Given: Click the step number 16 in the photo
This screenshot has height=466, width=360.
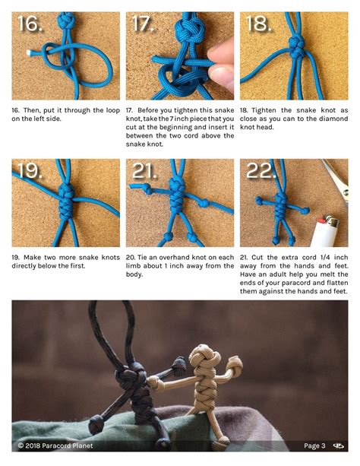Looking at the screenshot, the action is tap(30, 23).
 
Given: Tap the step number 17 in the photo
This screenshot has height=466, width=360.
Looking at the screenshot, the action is tap(143, 23).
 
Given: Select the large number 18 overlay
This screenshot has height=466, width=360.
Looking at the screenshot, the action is tap(258, 23).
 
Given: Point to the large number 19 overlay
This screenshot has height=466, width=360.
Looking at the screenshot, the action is tap(30, 170).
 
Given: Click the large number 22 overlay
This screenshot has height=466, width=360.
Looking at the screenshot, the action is tap(259, 170).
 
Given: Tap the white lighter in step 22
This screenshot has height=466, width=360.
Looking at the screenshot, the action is tap(324, 232).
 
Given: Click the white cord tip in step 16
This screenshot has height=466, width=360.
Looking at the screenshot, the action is tap(29, 53).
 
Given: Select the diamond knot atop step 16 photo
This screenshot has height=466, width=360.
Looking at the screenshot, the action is tap(66, 21).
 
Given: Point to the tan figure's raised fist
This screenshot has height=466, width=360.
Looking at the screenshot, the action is tap(235, 365).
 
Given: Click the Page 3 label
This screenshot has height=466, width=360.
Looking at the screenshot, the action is tap(314, 445).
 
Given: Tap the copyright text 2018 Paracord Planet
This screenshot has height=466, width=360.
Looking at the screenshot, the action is tap(55, 445).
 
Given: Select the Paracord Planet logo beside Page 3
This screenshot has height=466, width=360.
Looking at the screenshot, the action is tap(338, 445).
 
